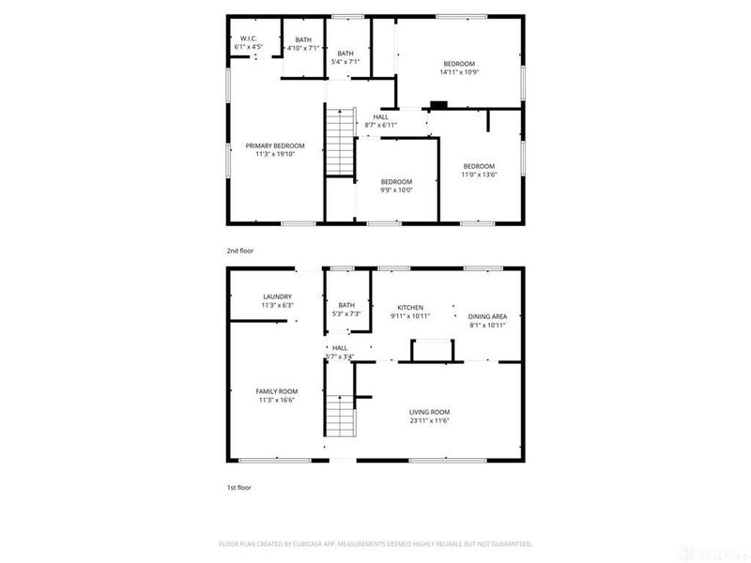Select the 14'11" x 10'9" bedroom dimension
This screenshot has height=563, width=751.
coord(460,72)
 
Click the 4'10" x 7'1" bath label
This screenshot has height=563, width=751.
coord(302,43)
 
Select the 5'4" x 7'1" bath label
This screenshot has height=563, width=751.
coord(345,58)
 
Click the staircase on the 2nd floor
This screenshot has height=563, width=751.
coord(338,142)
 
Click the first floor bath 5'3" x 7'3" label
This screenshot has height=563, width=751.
coord(346,310)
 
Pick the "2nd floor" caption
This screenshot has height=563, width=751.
coord(239,251)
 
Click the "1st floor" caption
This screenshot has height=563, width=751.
coord(238,488)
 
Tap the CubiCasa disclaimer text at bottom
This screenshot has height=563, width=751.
coord(375,543)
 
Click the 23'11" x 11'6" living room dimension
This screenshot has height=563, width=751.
coord(429,421)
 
